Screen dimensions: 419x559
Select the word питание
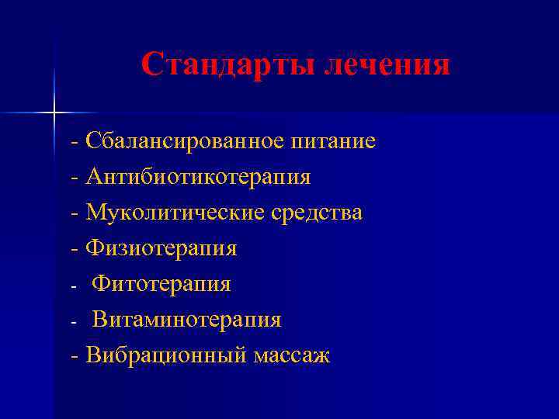pyautogui.click(x=333, y=142)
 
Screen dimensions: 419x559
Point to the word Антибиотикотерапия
pyautogui.click(x=199, y=178)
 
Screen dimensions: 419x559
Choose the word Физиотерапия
pyautogui.click(x=161, y=248)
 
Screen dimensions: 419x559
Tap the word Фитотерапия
pyautogui.click(x=161, y=284)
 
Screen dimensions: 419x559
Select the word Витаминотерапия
pyautogui.click(x=187, y=320)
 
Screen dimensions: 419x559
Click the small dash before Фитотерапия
pyautogui.click(x=74, y=286)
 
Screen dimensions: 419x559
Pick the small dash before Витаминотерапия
pyautogui.click(x=74, y=322)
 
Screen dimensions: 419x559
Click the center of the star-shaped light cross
pyautogui.click(x=54, y=113)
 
